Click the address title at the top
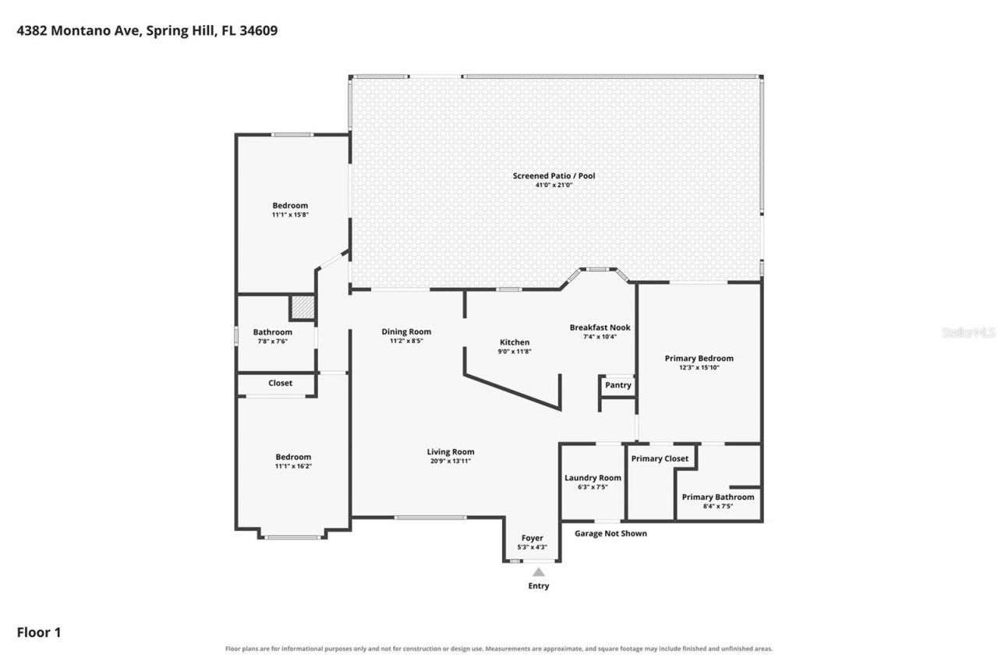(x=147, y=30)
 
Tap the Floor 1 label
(x=39, y=632)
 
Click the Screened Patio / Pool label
(x=554, y=176)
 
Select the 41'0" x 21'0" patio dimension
(x=554, y=185)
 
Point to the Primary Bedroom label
(x=699, y=358)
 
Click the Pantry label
(x=618, y=385)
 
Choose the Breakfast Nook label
(x=600, y=327)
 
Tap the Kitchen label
(x=515, y=342)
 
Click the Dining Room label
(x=406, y=332)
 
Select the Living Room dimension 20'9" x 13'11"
(x=451, y=461)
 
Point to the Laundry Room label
(x=593, y=478)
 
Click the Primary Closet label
(x=660, y=458)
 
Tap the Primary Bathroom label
(x=718, y=497)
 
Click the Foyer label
(x=532, y=538)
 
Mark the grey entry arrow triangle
(x=539, y=572)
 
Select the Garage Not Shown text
(x=610, y=533)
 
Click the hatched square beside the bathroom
(x=303, y=306)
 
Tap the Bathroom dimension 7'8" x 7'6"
(x=273, y=341)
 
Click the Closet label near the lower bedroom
(x=280, y=383)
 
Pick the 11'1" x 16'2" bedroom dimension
(x=293, y=466)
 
